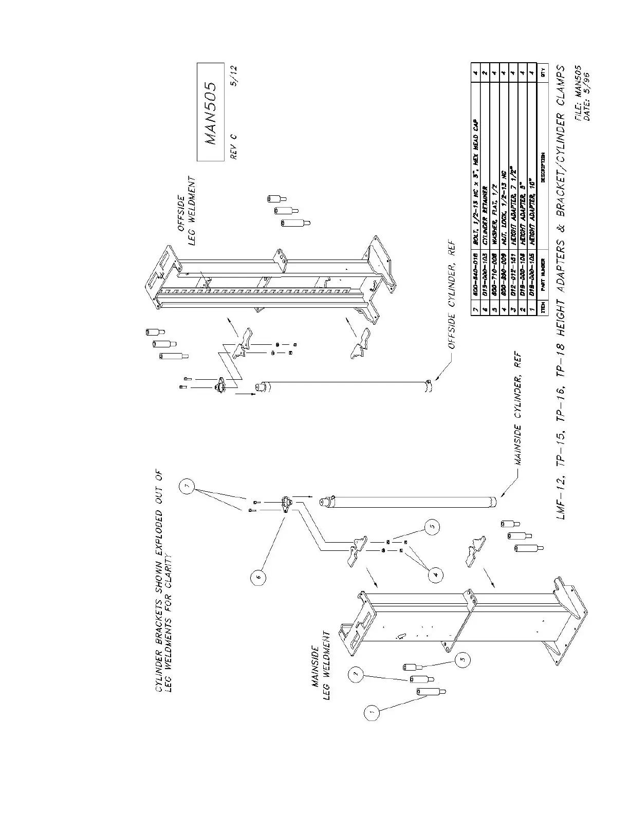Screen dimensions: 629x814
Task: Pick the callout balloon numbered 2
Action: coord(356,674)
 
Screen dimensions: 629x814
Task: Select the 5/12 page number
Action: coord(234,85)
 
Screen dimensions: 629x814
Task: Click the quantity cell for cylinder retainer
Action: coord(486,71)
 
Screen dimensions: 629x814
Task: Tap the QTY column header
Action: coord(542,70)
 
